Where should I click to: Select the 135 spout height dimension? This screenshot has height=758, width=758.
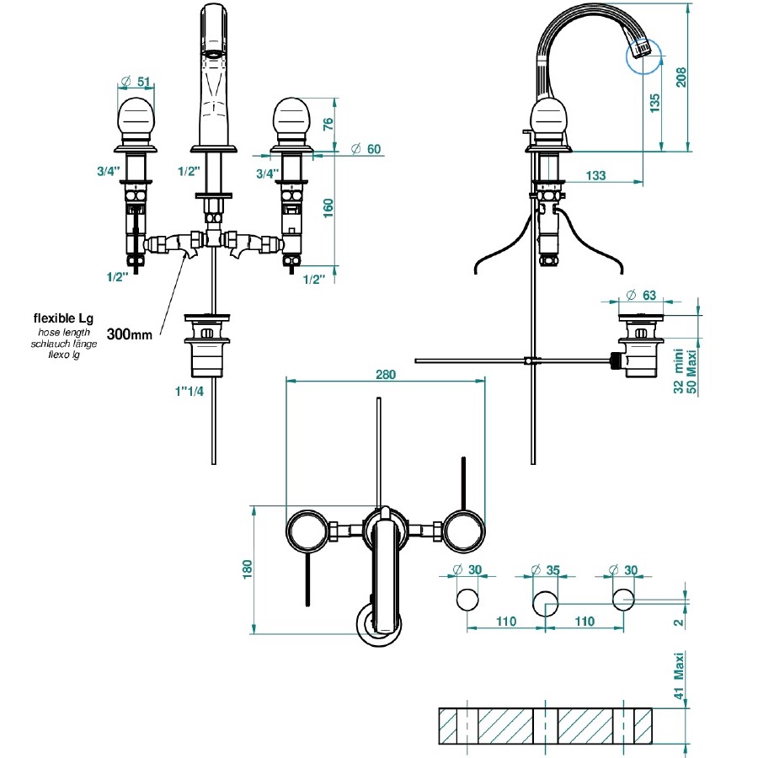coord(655,103)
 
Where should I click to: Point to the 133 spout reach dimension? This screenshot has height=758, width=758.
coord(595,175)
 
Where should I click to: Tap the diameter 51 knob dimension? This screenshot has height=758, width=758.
coord(136,82)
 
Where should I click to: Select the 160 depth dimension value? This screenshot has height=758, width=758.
coord(328,206)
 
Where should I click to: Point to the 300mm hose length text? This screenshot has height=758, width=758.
coord(131,334)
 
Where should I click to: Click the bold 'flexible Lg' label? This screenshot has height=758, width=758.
coord(63,318)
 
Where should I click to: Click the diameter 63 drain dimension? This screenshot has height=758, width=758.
coord(643,296)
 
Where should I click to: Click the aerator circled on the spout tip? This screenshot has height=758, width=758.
coord(639,53)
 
